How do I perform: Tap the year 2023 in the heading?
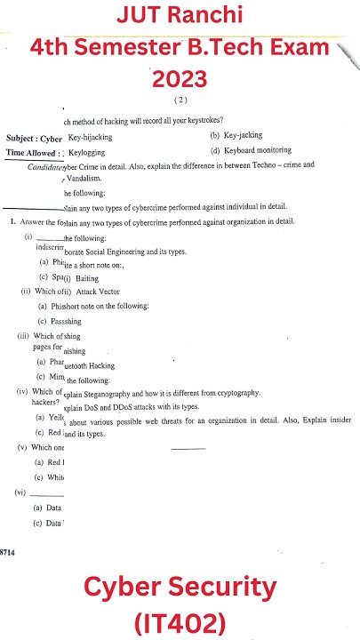coord(180,80)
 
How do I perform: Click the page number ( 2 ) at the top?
coord(180,100)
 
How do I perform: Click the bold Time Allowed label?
coord(33,153)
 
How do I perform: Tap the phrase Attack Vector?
coord(98,292)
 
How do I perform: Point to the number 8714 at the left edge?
coord(7,552)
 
